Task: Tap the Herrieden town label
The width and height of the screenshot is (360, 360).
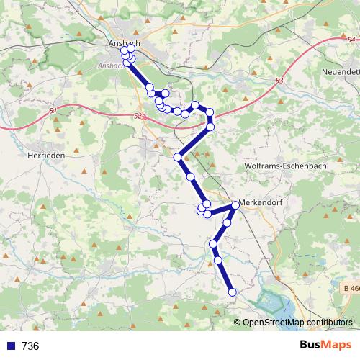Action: (46, 155)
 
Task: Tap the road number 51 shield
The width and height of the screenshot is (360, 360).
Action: (54, 111)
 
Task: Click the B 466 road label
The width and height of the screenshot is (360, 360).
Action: (351, 289)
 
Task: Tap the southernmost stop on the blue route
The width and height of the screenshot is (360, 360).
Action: (233, 292)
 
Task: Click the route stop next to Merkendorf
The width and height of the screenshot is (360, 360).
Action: (235, 207)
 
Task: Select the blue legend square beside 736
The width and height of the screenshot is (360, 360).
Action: (11, 346)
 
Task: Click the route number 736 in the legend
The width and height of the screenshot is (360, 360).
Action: (30, 346)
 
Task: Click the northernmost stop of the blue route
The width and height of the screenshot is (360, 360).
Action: (124, 49)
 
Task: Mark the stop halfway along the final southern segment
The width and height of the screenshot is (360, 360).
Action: (218, 259)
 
